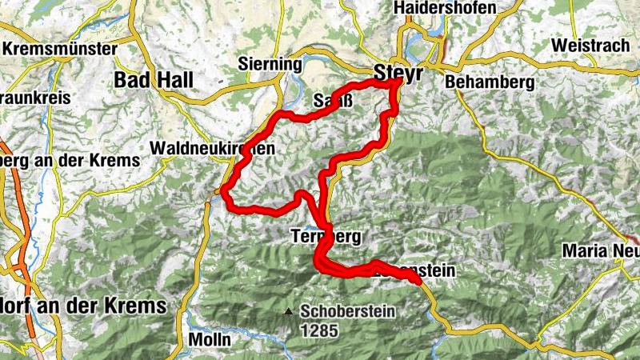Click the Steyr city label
click(x=398, y=70)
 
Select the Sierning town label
click(x=270, y=64)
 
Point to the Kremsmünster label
click(x=60, y=49)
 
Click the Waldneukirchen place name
click(x=212, y=148)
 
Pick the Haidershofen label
click(x=445, y=8)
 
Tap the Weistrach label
click(x=590, y=45)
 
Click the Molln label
click(x=210, y=339)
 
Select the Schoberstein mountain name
click(x=348, y=312)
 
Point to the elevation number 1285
click(x=319, y=330)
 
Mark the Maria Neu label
click(x=600, y=250)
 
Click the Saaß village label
click(x=330, y=102)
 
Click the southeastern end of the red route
click(x=417, y=279)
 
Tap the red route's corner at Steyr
click(x=398, y=82)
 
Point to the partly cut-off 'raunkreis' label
click(x=35, y=98)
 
